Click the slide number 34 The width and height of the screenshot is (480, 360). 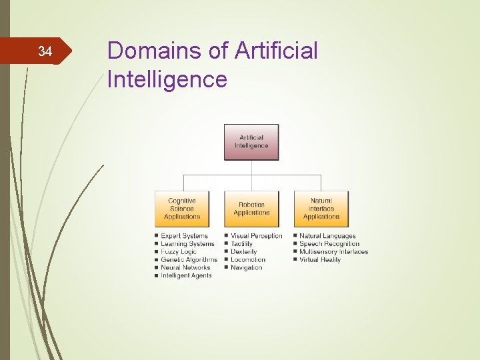tap(45, 51)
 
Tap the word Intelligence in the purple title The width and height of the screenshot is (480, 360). tap(167, 79)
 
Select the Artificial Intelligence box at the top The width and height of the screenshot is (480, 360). tap(251, 142)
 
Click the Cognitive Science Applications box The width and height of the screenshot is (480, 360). tap(181, 209)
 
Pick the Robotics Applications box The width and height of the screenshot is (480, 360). tap(251, 209)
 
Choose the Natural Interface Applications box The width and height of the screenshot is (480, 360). tap(321, 209)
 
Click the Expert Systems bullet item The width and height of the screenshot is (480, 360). tap(184, 236)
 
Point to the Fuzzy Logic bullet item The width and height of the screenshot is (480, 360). tap(179, 252)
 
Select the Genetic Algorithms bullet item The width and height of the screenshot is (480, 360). tap(189, 260)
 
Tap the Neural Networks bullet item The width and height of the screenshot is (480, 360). tap(186, 268)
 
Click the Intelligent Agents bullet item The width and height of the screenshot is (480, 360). tap(186, 276)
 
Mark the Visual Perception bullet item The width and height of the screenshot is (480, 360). tap(256, 236)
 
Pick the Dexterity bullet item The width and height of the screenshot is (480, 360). tap(243, 252)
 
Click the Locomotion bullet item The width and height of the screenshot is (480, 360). tap(247, 260)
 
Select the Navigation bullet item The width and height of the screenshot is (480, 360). tap(246, 268)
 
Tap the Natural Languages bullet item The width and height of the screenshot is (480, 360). tap(327, 236)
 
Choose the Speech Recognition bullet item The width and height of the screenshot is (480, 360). tap(329, 244)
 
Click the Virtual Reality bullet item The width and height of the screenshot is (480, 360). tap(320, 260)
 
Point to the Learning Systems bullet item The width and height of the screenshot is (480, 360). tap(187, 244)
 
